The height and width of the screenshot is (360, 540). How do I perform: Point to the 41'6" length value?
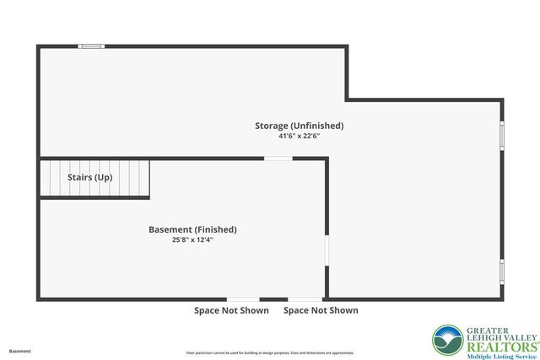point(287,136)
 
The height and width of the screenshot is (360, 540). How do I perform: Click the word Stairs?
point(80,178)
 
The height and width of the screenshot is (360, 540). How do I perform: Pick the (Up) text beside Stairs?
point(103,178)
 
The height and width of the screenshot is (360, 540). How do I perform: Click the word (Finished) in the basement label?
point(214,229)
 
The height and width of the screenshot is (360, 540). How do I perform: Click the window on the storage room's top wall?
point(91,46)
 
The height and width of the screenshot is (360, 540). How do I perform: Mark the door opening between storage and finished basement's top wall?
point(278,159)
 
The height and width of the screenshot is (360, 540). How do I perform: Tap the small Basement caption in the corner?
point(20,351)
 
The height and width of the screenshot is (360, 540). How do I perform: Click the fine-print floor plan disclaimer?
point(270,352)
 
